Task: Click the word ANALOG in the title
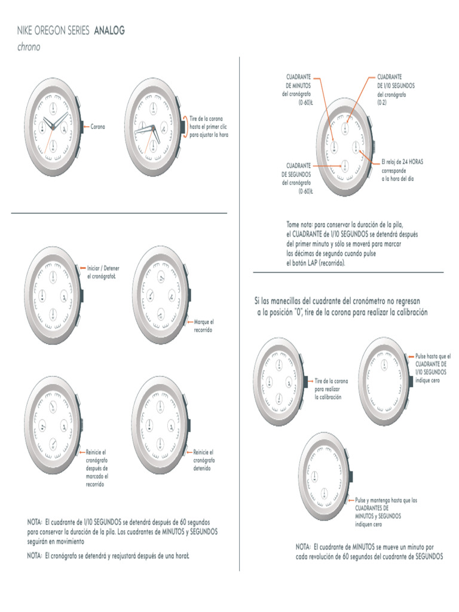[109, 31]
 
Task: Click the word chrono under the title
[29, 47]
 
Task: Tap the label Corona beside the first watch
[98, 127]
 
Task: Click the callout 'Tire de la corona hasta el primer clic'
[209, 127]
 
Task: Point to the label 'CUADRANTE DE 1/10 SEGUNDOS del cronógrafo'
[396, 90]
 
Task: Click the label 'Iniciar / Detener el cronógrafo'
[103, 272]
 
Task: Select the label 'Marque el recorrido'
[203, 326]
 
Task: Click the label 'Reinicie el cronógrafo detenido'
[204, 460]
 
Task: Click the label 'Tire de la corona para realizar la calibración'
[331, 388]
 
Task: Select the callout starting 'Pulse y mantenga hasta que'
[386, 512]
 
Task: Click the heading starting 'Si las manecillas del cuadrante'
[341, 305]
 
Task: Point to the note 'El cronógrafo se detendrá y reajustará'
[108, 555]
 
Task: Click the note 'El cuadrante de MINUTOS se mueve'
[369, 551]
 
